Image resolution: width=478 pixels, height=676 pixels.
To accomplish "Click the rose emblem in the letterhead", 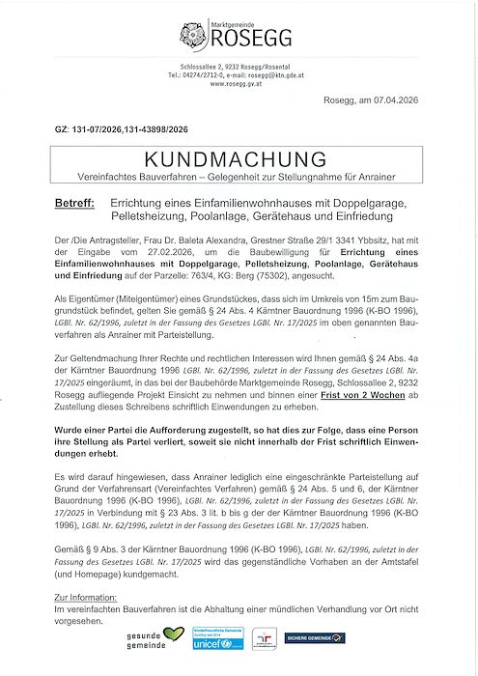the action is point(192,35).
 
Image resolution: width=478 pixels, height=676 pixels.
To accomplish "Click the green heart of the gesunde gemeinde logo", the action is point(173,634).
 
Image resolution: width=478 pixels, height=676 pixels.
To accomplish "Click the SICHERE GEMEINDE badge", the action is point(314,637).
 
